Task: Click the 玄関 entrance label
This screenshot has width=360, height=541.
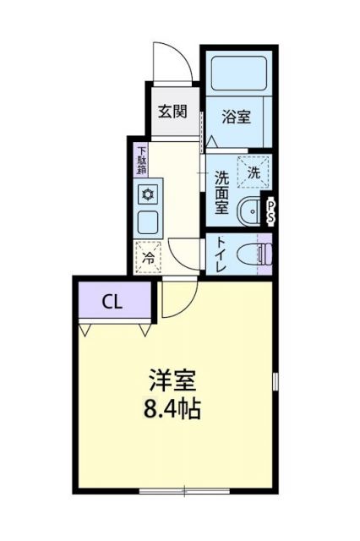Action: click(x=172, y=111)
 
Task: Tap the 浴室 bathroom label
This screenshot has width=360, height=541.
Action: click(x=236, y=117)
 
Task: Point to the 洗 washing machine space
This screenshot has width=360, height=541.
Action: click(x=254, y=172)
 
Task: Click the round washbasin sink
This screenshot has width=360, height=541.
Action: click(x=252, y=211)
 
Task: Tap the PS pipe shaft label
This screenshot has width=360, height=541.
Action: click(x=271, y=210)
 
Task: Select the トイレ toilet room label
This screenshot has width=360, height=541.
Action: click(x=221, y=253)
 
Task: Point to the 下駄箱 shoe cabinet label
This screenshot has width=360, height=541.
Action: click(x=141, y=161)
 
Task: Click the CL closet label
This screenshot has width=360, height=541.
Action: click(x=112, y=302)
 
